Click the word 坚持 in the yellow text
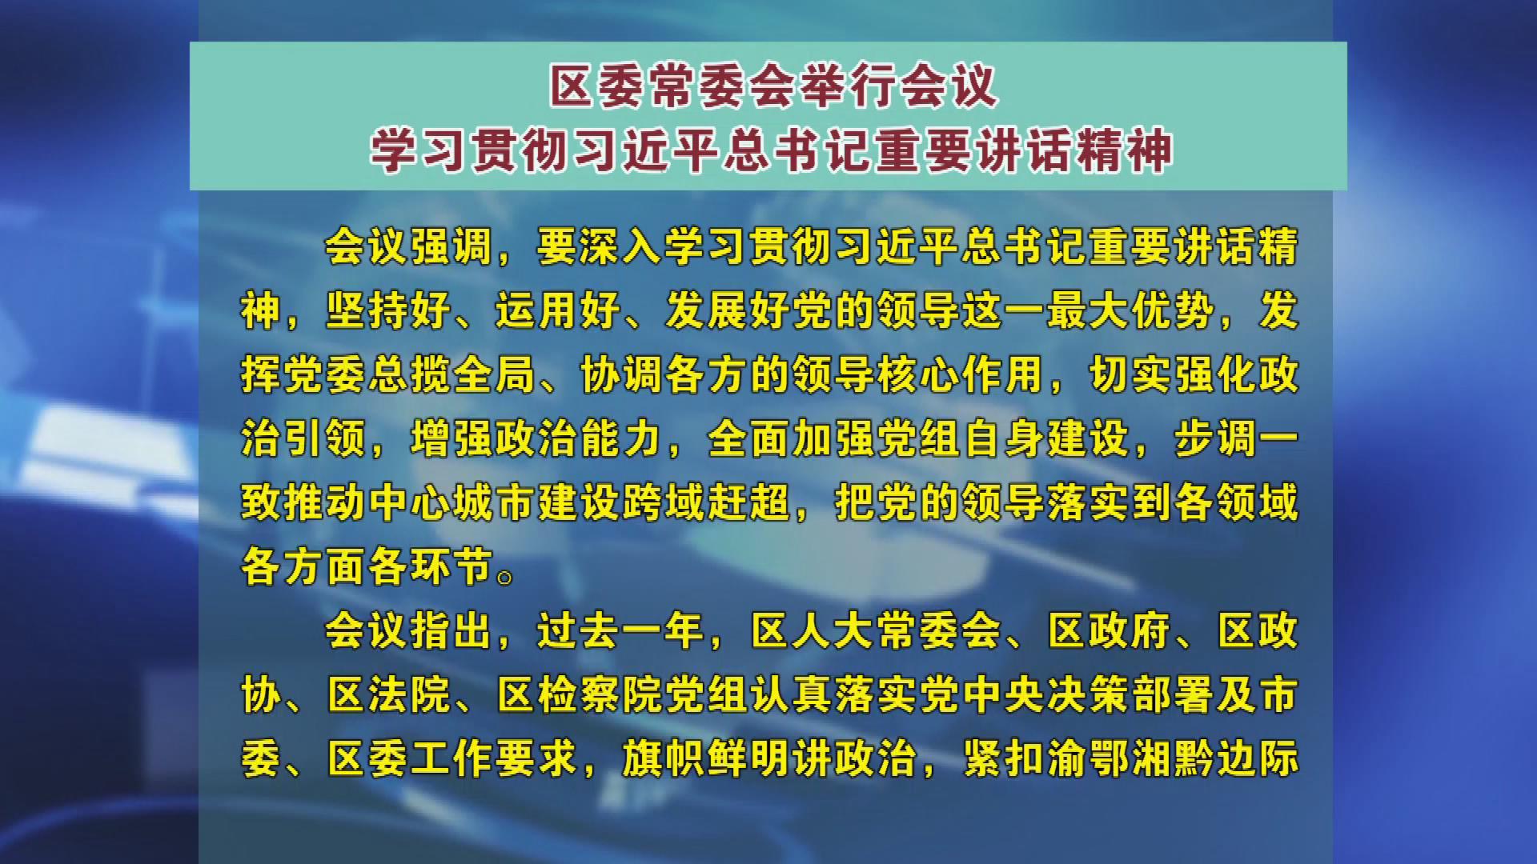coord(367,311)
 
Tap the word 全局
coord(494,375)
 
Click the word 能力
coord(621,439)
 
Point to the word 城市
coord(494,503)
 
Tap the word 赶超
coord(748,503)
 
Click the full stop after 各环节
coord(505,577)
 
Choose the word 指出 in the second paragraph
coord(451,631)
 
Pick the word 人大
coord(833,631)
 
